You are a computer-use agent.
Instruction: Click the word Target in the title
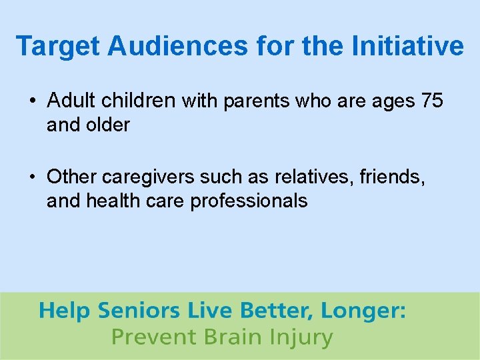tap(57, 47)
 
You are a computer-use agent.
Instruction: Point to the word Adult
tap(72, 101)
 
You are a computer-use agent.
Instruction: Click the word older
tap(109, 125)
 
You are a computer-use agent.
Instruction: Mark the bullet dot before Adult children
tap(33, 102)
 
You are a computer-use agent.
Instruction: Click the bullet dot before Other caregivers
tap(33, 178)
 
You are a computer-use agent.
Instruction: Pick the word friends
tap(389, 177)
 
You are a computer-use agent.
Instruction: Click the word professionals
tap(249, 201)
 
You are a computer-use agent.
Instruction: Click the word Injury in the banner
tap(297, 337)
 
